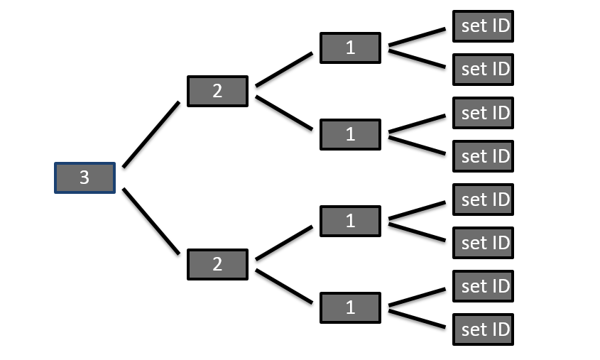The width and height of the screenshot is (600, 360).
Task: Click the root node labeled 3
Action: pyautogui.click(x=84, y=178)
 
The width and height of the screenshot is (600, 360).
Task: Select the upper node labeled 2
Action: pyautogui.click(x=217, y=91)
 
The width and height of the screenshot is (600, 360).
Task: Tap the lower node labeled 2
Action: pyautogui.click(x=217, y=264)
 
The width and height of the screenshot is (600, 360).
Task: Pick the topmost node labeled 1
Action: pyautogui.click(x=350, y=48)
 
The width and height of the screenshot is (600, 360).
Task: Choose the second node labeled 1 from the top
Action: pyautogui.click(x=350, y=134)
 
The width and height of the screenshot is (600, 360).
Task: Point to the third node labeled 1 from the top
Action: pyautogui.click(x=350, y=221)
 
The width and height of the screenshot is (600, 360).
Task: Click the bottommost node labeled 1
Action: pyautogui.click(x=350, y=307)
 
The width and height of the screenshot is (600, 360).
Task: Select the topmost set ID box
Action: pyautogui.click(x=484, y=26)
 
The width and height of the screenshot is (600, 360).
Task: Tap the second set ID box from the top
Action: pyautogui.click(x=484, y=70)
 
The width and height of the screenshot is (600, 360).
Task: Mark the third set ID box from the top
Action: pyautogui.click(x=484, y=113)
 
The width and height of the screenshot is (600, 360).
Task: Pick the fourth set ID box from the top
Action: pyautogui.click(x=484, y=156)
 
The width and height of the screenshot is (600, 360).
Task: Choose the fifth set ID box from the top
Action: pyautogui.click(x=484, y=200)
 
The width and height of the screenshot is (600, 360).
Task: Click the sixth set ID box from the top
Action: pyautogui.click(x=484, y=243)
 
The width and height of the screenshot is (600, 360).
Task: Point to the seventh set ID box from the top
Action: pyautogui.click(x=484, y=286)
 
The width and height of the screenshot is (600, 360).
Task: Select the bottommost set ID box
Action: pyautogui.click(x=484, y=329)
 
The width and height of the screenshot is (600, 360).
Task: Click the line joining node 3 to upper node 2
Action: pyautogui.click(x=151, y=135)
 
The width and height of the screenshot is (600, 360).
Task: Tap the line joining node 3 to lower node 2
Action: pyautogui.click(x=151, y=221)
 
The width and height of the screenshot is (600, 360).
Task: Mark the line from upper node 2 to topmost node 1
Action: pyautogui.click(x=284, y=70)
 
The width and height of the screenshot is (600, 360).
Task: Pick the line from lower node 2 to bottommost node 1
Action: pyautogui.click(x=284, y=286)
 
